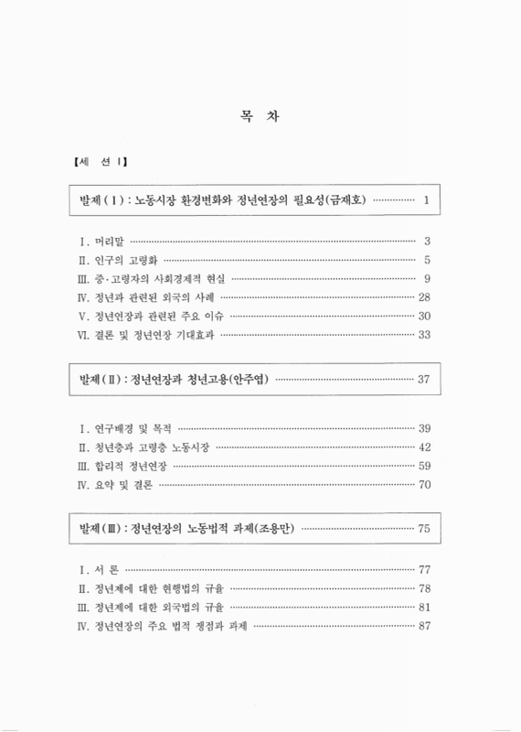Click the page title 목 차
tap(260, 118)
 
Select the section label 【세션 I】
tap(100, 164)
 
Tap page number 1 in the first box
tap(427, 200)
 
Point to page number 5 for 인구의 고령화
tap(427, 260)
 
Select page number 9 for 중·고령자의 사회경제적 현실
tap(427, 278)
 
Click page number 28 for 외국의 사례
tap(423, 297)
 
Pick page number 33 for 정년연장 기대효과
tap(423, 335)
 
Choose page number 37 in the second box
tap(423, 379)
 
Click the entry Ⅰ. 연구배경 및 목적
tap(126, 428)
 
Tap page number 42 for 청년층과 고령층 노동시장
tap(423, 447)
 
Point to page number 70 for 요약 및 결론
tap(423, 485)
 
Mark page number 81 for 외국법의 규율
tap(423, 607)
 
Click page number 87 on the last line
tap(423, 626)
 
